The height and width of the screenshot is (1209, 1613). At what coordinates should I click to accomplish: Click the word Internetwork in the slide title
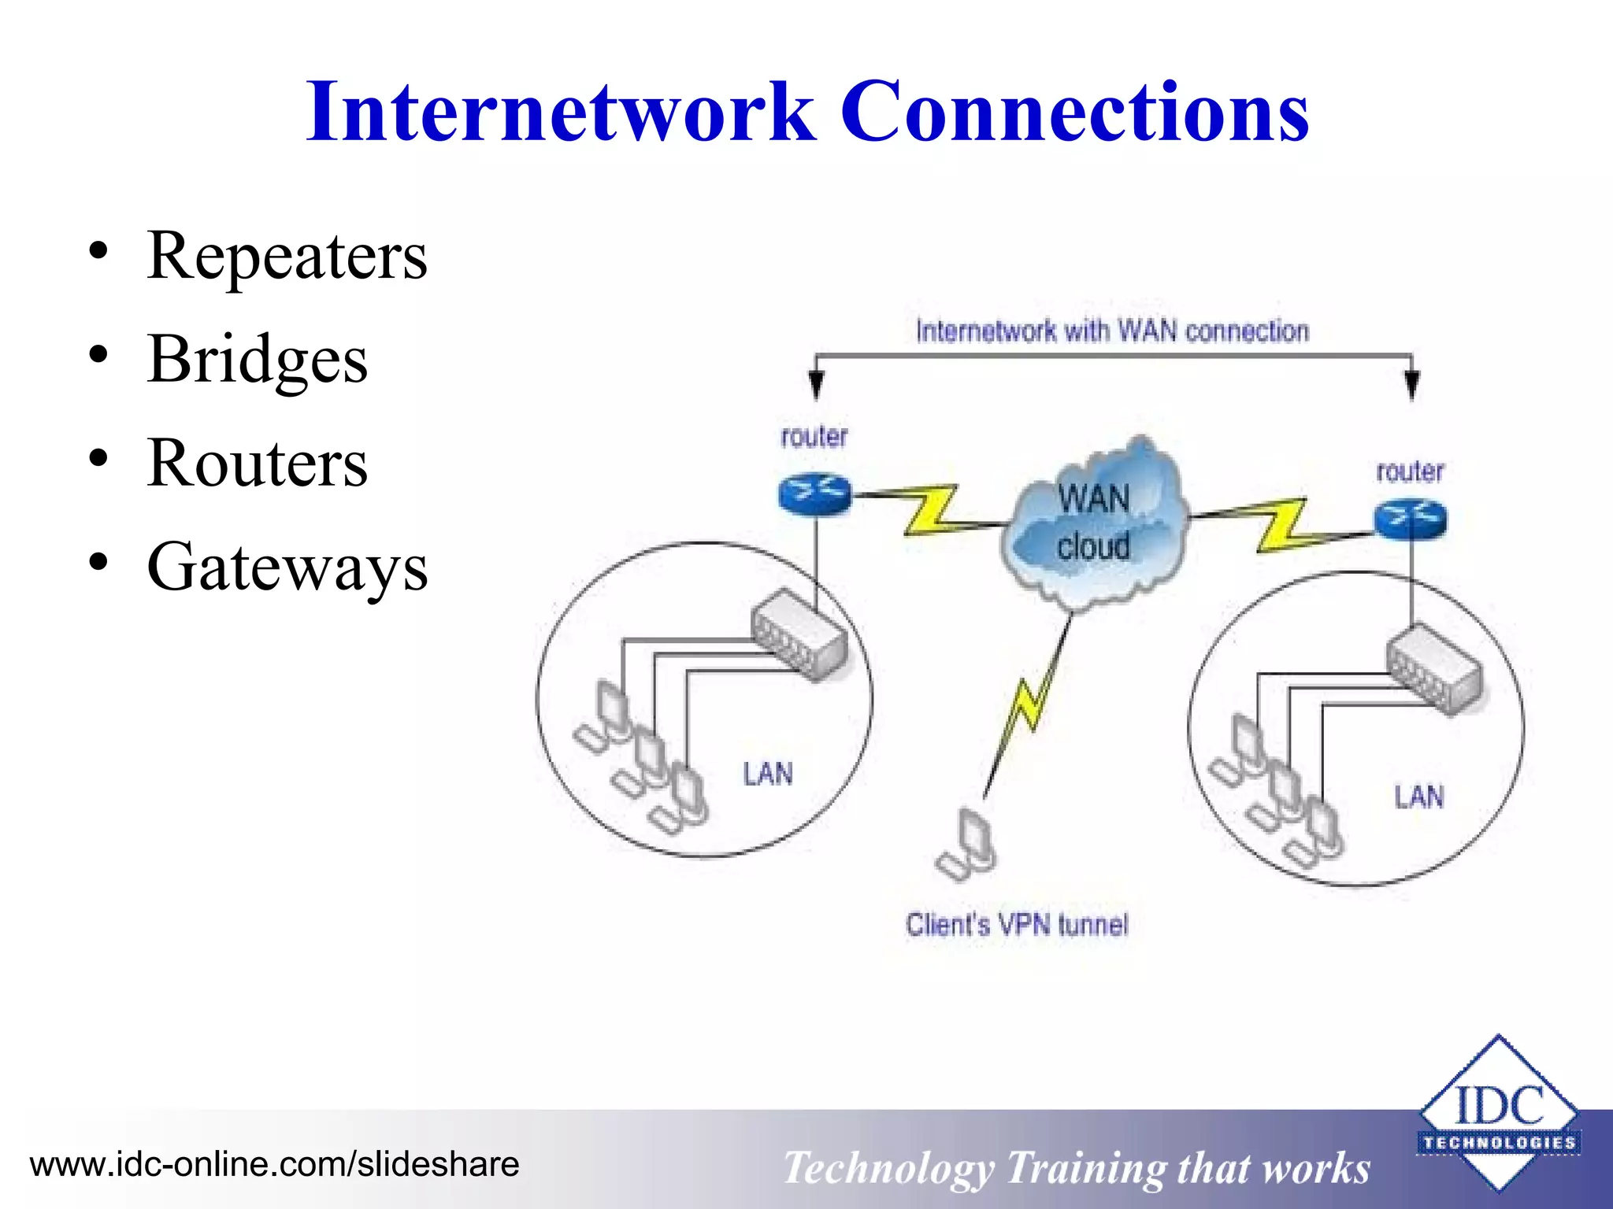click(x=561, y=112)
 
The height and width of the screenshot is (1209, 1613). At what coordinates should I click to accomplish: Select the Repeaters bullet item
click(x=287, y=256)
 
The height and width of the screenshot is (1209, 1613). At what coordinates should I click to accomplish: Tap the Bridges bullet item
click(x=257, y=360)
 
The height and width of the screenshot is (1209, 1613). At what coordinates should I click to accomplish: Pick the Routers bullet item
click(x=257, y=464)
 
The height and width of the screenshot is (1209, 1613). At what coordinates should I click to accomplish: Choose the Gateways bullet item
click(x=287, y=567)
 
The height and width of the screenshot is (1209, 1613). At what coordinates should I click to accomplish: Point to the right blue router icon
click(x=1410, y=519)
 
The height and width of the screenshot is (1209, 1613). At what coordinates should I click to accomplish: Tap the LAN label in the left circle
click(x=768, y=774)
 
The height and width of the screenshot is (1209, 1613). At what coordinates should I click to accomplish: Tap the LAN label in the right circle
click(x=1419, y=797)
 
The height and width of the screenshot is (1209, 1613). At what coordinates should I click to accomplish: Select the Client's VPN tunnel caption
click(x=1016, y=924)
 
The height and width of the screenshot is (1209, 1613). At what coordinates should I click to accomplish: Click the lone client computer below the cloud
click(x=969, y=846)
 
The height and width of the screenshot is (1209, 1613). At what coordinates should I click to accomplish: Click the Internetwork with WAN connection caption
click(x=1112, y=331)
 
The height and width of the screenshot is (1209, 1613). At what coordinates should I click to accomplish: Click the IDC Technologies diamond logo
click(x=1498, y=1111)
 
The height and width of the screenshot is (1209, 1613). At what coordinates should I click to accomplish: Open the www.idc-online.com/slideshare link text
click(x=274, y=1164)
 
